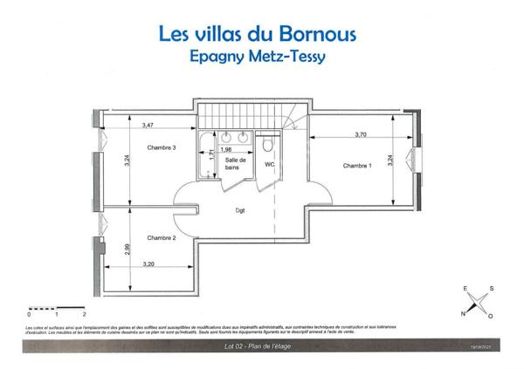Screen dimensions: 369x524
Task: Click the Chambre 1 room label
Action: click(356, 166)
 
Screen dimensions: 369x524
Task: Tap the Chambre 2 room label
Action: click(162, 237)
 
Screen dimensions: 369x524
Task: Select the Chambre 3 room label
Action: click(162, 147)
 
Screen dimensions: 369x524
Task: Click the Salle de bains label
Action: click(235, 164)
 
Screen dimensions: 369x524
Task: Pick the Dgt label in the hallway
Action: click(239, 210)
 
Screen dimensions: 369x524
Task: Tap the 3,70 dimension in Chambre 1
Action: click(361, 134)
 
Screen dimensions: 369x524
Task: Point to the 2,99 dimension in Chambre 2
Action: click(127, 249)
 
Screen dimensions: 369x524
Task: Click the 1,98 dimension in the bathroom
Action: click(225, 149)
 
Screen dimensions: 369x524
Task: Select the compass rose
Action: click(477, 301)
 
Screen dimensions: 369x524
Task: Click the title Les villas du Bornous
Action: click(263, 35)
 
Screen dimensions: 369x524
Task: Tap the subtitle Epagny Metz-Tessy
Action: click(262, 56)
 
